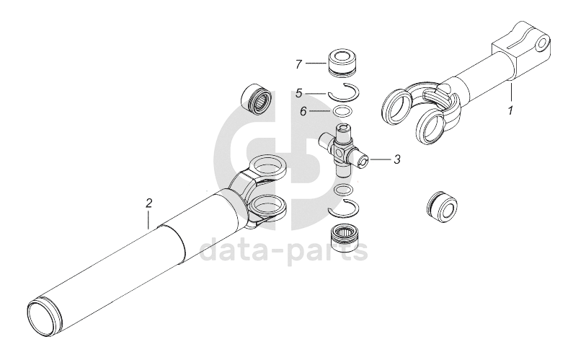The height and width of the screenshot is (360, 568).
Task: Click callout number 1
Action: click(510, 110)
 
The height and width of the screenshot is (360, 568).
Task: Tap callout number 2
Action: click(148, 203)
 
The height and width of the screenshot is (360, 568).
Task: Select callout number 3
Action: click(397, 159)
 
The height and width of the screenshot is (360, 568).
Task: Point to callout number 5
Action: click(299, 94)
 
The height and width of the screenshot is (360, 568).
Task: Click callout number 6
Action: click(303, 111)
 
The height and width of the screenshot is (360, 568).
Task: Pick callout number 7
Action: click(298, 64)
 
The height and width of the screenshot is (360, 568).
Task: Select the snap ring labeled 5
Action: click(343, 91)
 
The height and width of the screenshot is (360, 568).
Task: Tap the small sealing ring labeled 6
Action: click(342, 110)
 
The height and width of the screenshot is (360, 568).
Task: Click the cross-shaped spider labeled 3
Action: click(343, 150)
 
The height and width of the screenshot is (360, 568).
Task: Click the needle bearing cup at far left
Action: click(256, 97)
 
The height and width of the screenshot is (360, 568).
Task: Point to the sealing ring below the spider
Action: click(342, 190)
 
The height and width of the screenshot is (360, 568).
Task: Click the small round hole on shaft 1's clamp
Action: click(542, 44)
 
